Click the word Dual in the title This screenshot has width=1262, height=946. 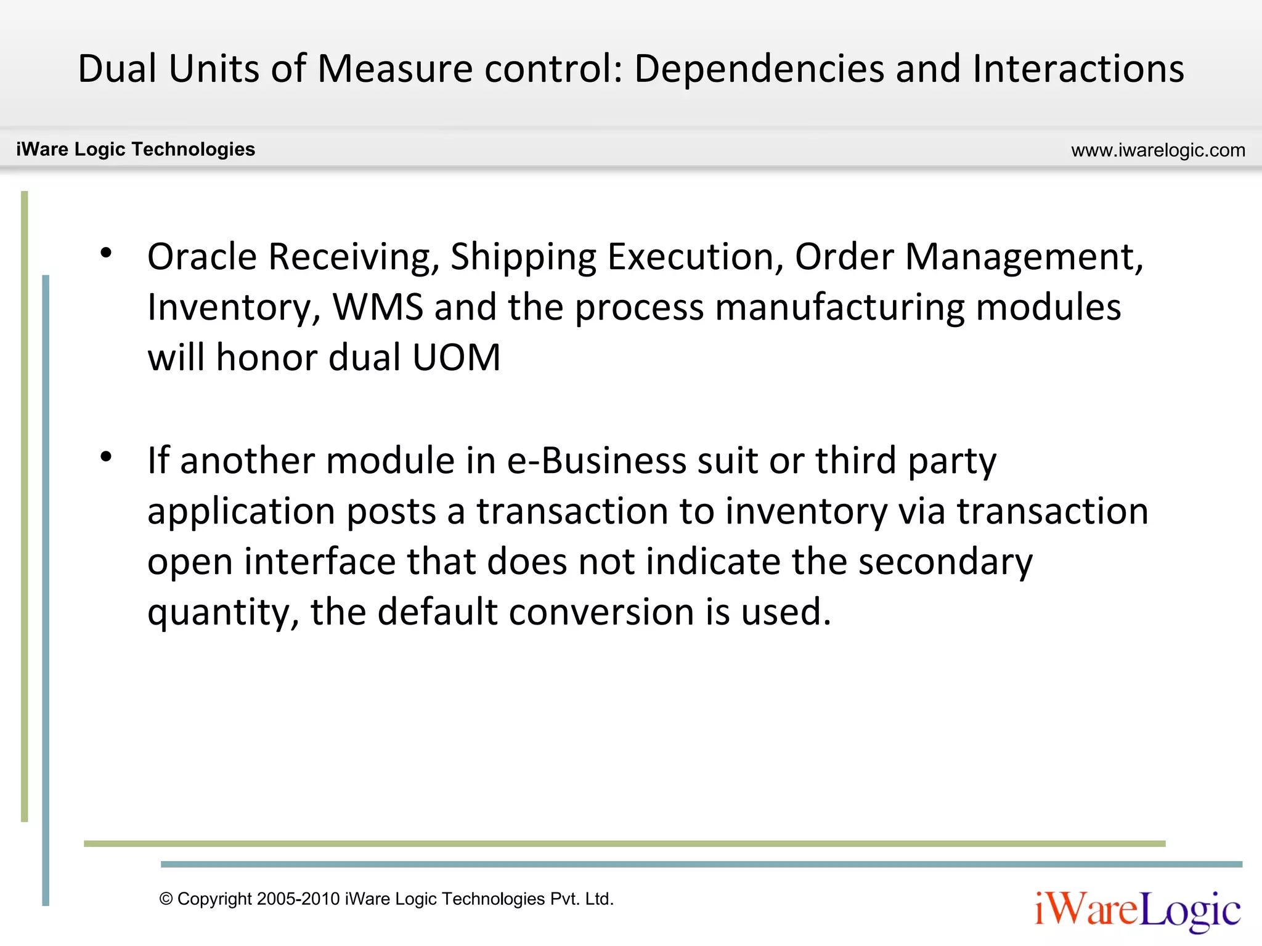[117, 68]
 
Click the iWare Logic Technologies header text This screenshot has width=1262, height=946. [136, 149]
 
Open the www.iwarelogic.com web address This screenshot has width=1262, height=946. [1158, 150]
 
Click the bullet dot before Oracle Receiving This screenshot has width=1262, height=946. [107, 253]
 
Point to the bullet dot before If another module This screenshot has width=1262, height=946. [107, 456]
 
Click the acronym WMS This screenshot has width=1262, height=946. [378, 307]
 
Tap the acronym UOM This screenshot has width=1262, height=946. [457, 357]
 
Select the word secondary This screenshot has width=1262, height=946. [945, 562]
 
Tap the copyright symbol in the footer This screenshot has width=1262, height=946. [166, 899]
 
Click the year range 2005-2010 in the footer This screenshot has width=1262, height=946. [298, 899]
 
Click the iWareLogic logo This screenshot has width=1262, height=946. [1137, 910]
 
